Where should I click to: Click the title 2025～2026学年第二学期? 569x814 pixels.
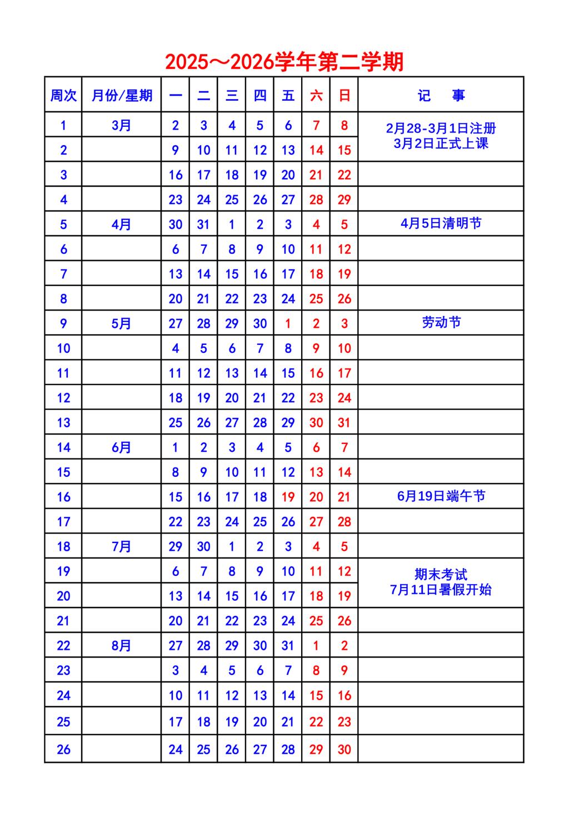(x=284, y=62)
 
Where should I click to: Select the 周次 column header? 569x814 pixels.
(x=63, y=96)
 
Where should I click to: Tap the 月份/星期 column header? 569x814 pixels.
(x=122, y=96)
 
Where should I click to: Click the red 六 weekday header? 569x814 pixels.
(x=316, y=96)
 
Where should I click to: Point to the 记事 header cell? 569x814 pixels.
(x=441, y=96)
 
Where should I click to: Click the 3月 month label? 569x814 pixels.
(x=121, y=125)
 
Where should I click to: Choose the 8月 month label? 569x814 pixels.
(x=121, y=645)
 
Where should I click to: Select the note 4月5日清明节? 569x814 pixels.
(x=441, y=224)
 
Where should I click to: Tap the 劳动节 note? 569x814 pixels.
(x=441, y=323)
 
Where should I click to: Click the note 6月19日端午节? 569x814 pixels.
(x=441, y=496)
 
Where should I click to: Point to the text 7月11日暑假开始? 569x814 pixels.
(x=441, y=590)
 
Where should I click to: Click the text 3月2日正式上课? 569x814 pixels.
(x=441, y=144)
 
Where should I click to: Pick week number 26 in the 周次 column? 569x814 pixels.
(x=63, y=749)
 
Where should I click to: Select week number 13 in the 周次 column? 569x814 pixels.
(x=63, y=423)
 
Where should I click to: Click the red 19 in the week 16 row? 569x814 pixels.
(x=288, y=497)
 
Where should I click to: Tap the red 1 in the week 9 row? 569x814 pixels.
(x=288, y=324)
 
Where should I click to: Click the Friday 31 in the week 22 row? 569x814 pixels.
(x=288, y=645)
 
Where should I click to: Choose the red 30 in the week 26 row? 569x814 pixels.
(x=345, y=749)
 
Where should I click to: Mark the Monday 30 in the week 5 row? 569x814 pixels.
(x=176, y=224)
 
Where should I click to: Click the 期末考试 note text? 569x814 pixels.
(x=441, y=574)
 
